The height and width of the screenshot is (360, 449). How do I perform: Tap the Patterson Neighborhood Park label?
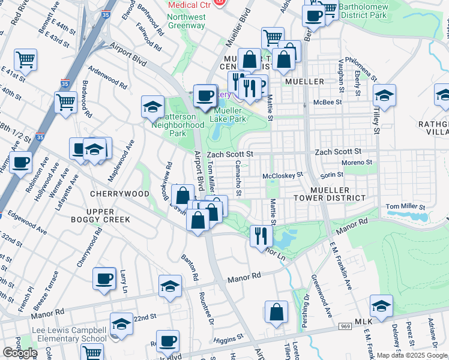coord(176,125)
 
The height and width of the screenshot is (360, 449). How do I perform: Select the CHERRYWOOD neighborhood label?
coord(119,194)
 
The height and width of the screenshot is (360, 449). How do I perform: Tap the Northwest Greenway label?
coord(186,22)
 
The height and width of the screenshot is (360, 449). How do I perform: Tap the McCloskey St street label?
coord(283,176)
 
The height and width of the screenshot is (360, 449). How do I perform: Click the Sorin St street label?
coord(331,175)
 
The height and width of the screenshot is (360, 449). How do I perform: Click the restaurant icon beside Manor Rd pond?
coord(260,235)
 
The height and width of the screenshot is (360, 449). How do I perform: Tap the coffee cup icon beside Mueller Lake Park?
coord(205,94)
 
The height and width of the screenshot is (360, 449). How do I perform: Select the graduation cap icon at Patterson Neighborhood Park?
coord(152,107)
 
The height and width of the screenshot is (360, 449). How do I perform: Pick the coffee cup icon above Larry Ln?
coord(104,278)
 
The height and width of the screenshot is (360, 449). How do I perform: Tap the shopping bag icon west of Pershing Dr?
coord(276,312)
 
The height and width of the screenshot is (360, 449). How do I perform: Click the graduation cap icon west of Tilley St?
coord(384,95)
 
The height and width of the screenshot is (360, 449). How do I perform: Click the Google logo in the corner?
coord(20,353)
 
